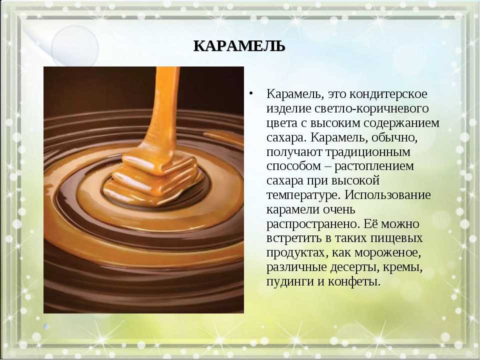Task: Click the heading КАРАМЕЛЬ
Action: (239, 46)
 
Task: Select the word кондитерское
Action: (388, 94)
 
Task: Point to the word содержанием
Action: (401, 123)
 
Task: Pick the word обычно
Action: (394, 138)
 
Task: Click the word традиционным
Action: (367, 152)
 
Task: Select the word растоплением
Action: (374, 166)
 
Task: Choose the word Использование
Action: (388, 195)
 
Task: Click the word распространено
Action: (312, 224)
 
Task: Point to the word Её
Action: (370, 224)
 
